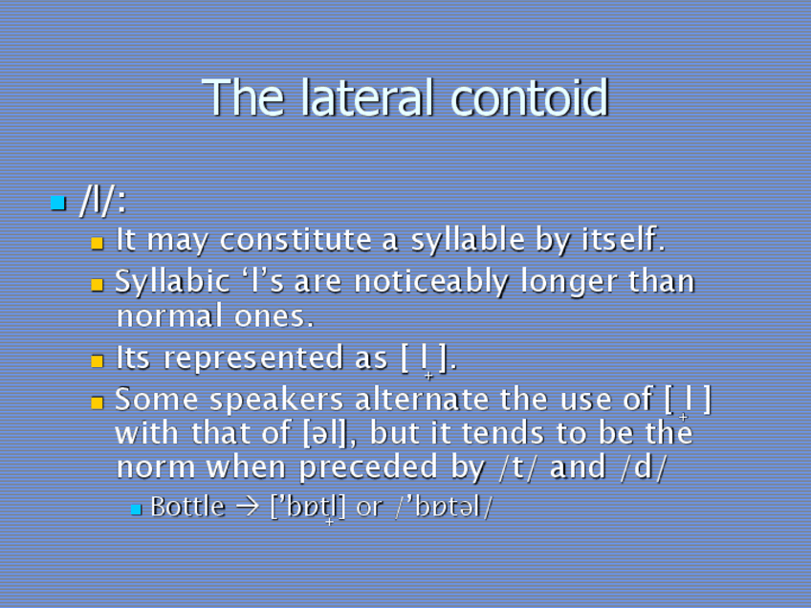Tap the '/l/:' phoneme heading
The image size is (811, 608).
click(103, 202)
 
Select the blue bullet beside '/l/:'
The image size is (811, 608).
click(58, 203)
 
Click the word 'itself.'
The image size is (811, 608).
click(623, 240)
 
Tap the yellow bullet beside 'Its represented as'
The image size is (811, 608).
click(97, 361)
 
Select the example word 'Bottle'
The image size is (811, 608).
click(187, 507)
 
